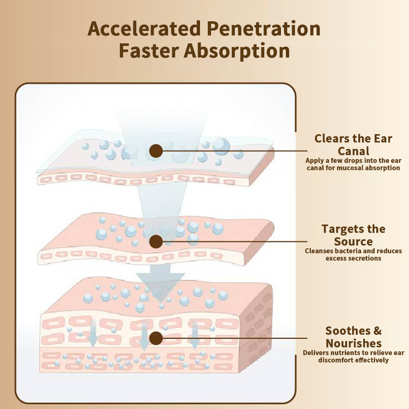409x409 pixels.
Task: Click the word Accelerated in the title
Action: (x=144, y=29)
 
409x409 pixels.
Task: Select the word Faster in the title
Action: (x=149, y=51)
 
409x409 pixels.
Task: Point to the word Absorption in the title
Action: (x=237, y=51)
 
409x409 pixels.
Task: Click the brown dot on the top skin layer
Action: (x=156, y=150)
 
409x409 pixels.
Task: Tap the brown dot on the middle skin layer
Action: (x=156, y=241)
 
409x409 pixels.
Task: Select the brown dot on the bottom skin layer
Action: (x=156, y=338)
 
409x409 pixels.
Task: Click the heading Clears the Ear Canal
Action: (x=353, y=144)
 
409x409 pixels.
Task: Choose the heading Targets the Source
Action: (x=353, y=235)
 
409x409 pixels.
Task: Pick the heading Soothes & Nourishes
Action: (x=353, y=337)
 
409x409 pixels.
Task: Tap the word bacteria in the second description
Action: (x=347, y=251)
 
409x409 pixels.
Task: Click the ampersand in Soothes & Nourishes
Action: (x=377, y=331)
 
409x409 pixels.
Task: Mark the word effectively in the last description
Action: (x=372, y=360)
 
